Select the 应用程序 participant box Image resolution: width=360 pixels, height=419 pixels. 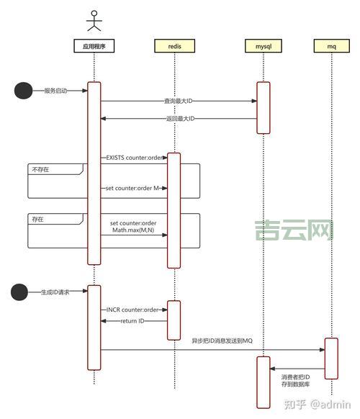[x=94, y=46]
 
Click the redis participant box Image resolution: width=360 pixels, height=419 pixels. [x=174, y=46]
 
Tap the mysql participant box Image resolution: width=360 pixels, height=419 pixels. [x=264, y=46]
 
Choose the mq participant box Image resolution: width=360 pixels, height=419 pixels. [x=332, y=46]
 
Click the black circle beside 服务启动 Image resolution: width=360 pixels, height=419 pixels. [x=24, y=91]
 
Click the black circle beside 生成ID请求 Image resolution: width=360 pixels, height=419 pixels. [x=22, y=292]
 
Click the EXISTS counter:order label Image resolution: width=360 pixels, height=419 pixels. [x=135, y=157]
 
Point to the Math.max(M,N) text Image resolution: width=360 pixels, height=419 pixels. [x=134, y=230]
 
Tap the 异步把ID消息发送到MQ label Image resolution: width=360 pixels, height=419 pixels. [x=222, y=340]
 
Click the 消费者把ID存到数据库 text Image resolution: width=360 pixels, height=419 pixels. [x=295, y=380]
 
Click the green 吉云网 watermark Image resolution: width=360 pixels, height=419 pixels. [x=292, y=230]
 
